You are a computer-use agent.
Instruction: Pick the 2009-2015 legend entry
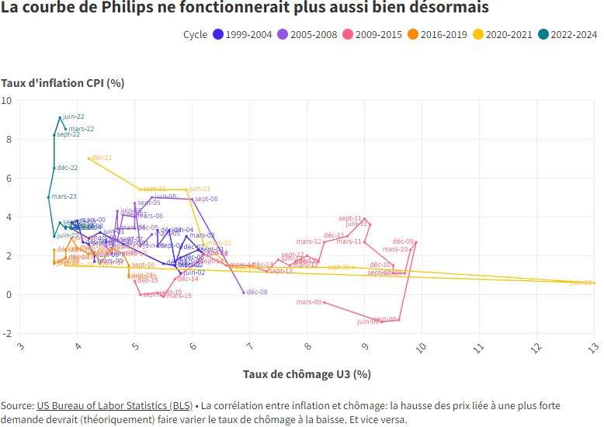pyautogui.click(x=378, y=34)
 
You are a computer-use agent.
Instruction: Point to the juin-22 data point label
pyautogui.click(x=74, y=116)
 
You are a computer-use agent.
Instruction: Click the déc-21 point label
pyautogui.click(x=102, y=158)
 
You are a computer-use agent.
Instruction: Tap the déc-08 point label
pyautogui.click(x=257, y=292)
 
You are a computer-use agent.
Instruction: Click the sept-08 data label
pyautogui.click(x=206, y=199)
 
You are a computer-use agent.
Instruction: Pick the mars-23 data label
pyautogui.click(x=64, y=196)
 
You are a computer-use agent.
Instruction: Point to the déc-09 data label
pyautogui.click(x=403, y=241)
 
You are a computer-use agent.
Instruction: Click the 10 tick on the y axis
pyautogui.click(x=6, y=101)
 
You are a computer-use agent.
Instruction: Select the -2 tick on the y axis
pyautogui.click(x=7, y=333)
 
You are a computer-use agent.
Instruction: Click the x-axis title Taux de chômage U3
pyautogui.click(x=307, y=374)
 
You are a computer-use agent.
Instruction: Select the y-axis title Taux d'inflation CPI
pyautogui.click(x=63, y=83)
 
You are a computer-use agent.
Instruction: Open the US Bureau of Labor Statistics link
pyautogui.click(x=114, y=405)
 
